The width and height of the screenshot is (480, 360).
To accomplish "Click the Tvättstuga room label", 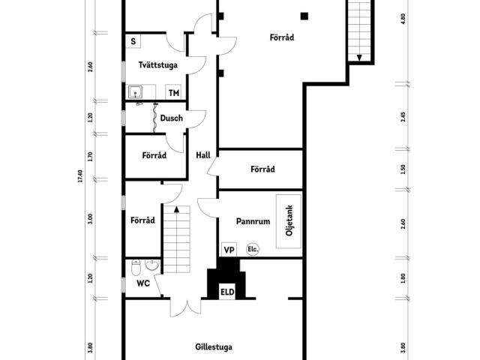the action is pos(158,65).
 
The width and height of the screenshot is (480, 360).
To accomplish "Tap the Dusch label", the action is pos(172,118).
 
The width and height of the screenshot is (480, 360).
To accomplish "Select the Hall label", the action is pos(203,155).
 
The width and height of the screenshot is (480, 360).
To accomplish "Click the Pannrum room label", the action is pos(253,221).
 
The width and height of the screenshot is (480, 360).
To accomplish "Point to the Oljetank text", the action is pos(289,220).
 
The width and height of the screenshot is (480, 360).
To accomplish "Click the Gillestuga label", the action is pos(214,347).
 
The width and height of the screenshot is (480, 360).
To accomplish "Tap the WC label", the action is pos(143,283).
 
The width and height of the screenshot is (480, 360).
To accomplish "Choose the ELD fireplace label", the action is pos(227,292).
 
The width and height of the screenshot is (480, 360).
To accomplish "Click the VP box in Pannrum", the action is pos(229,250).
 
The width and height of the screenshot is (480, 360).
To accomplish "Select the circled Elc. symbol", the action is pos(253,250).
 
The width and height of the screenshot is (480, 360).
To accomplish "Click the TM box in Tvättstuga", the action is pos(173,92).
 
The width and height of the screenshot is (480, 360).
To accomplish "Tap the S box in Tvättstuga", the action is pos(133,41).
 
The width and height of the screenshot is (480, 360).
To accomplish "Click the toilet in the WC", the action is pos(136,267).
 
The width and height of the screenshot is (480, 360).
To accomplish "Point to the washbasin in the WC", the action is pos(151,265).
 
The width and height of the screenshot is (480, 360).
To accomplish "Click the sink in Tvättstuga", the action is pos(135,91).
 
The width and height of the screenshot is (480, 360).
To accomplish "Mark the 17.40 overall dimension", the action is pos(80,176).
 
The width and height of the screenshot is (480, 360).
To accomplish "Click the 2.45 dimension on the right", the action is pos(403,117).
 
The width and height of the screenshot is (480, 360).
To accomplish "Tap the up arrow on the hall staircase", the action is pos(176,209).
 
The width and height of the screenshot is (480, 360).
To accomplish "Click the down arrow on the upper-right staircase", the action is pos(359,58).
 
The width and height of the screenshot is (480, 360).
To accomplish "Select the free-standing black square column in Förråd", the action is pos(304,16).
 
